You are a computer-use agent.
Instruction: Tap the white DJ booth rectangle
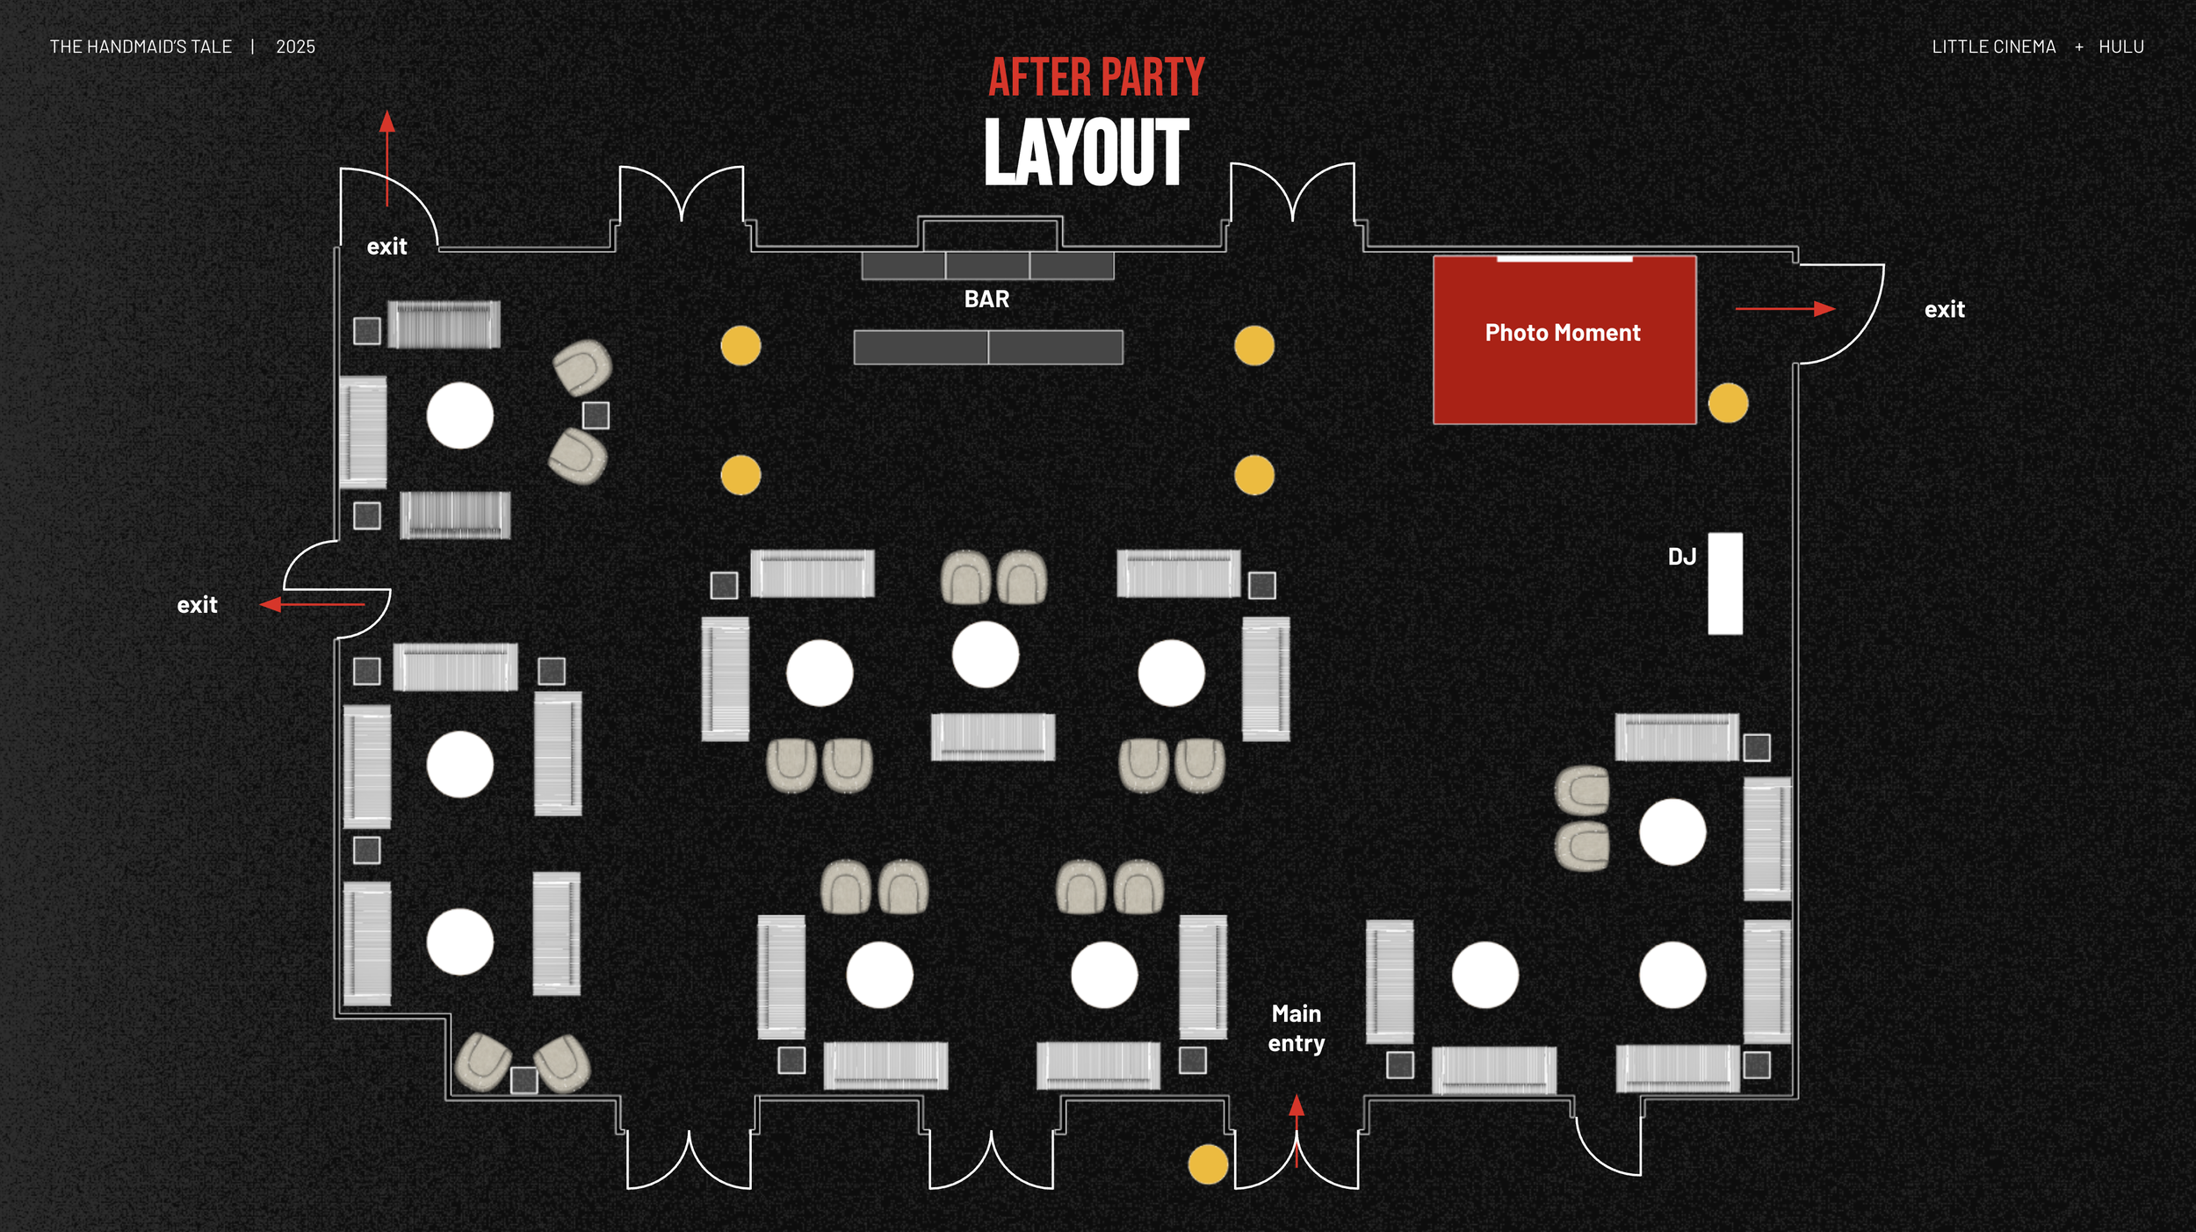[x=1724, y=583]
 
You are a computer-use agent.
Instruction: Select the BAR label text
[x=986, y=299]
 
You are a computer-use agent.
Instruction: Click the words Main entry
[x=1296, y=1028]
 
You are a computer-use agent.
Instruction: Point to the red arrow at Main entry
[x=1297, y=1128]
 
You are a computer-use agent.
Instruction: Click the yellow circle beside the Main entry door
[x=1208, y=1164]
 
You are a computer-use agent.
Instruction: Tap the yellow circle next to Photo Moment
[x=1728, y=403]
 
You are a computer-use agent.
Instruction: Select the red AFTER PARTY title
[x=1096, y=77]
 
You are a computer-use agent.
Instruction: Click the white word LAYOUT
[x=1087, y=153]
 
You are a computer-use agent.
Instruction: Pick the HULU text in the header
[x=2120, y=47]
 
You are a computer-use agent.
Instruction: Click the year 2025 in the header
[x=295, y=47]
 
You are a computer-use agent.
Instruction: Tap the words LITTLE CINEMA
[x=1993, y=47]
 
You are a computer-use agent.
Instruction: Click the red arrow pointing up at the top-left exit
[x=386, y=158]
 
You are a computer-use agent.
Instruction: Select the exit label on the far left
[x=197, y=605]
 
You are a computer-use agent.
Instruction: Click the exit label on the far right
[x=1944, y=310]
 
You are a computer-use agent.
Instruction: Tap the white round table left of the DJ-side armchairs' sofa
[x=1672, y=832]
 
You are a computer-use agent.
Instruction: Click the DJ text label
[x=1681, y=557]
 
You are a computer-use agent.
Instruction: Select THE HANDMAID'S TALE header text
[x=141, y=47]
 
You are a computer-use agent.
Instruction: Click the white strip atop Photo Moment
[x=1564, y=259]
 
